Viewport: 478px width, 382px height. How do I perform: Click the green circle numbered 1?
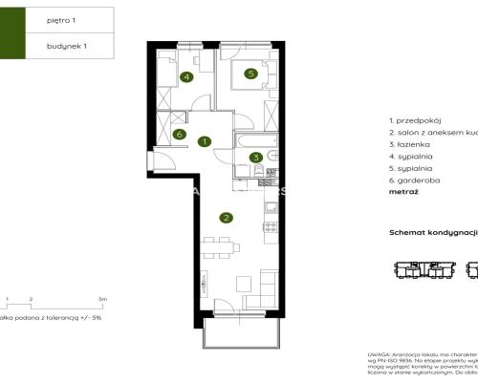point(205,142)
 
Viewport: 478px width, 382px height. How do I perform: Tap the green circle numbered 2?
point(226,218)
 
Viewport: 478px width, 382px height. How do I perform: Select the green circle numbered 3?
point(255,159)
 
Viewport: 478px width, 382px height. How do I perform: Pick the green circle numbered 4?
point(186,77)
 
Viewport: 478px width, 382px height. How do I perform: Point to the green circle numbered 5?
point(250,73)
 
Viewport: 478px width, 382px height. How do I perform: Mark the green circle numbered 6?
point(180,135)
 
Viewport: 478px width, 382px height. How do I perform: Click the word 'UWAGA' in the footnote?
point(380,353)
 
